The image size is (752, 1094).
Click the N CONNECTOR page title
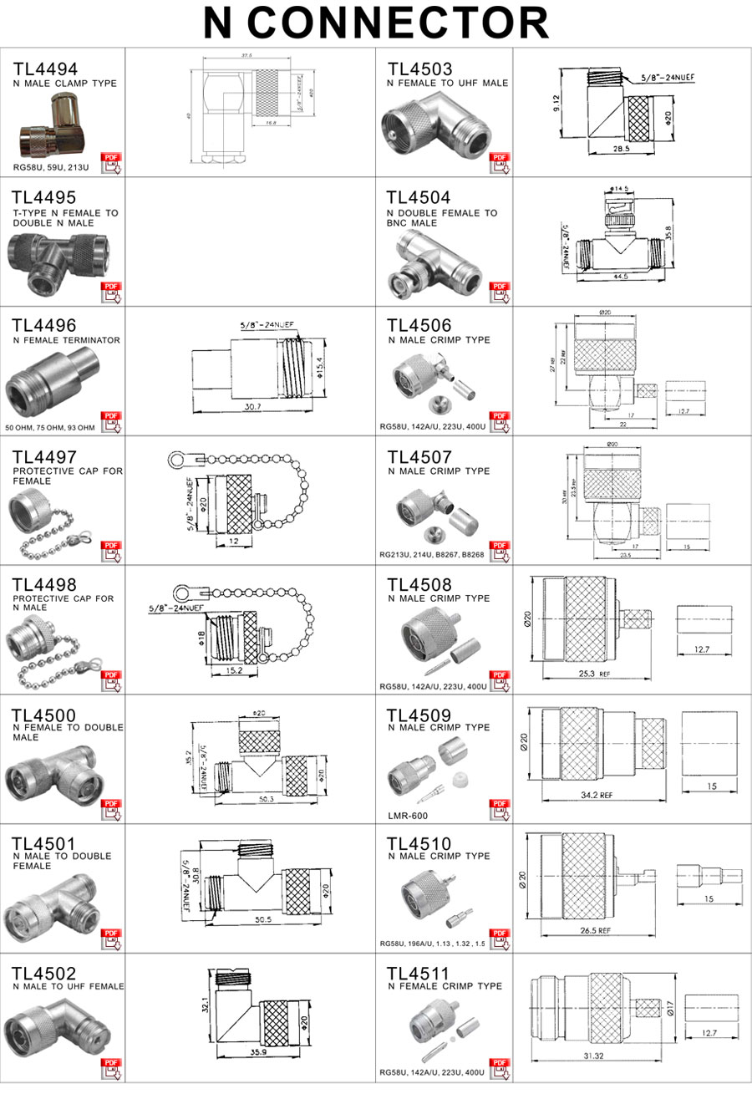[x=376, y=23]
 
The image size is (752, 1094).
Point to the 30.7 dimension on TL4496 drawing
[x=251, y=406]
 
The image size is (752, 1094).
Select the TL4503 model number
[x=419, y=69]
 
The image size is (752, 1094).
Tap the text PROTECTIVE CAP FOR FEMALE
[x=68, y=476]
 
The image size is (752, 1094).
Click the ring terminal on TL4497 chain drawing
[x=177, y=459]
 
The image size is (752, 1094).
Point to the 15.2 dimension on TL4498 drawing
[x=235, y=669]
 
